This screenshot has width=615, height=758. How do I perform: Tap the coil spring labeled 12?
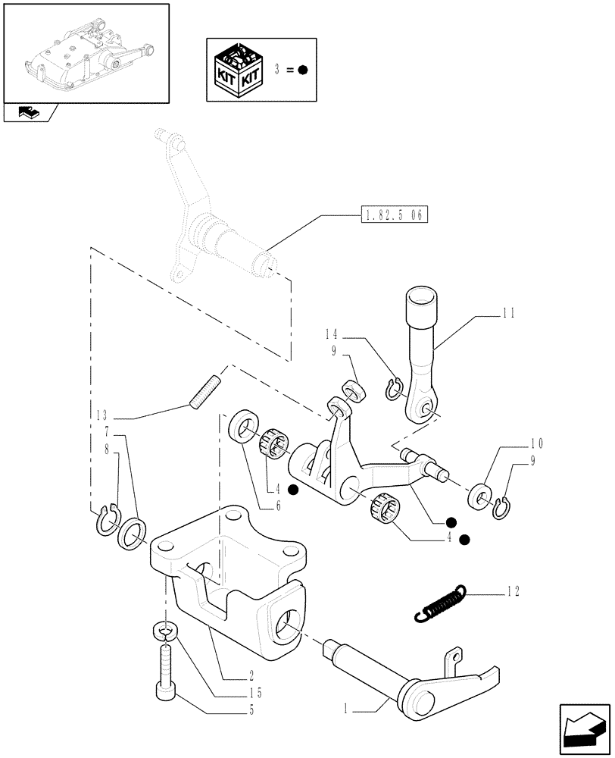(439, 604)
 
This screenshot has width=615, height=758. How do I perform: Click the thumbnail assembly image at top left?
(85, 53)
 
